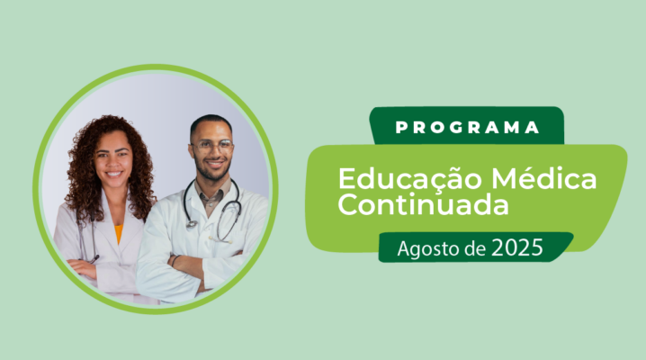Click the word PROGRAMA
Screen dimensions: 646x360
click(x=467, y=127)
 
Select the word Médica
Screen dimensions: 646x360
click(x=543, y=178)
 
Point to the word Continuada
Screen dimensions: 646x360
click(x=423, y=204)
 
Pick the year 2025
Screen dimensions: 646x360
click(x=517, y=247)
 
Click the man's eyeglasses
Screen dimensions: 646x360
click(x=212, y=146)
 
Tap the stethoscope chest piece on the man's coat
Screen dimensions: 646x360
click(x=191, y=224)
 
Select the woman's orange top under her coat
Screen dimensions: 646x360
click(x=119, y=233)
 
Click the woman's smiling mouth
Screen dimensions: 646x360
click(x=113, y=175)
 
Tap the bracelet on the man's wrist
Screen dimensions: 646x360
click(x=175, y=261)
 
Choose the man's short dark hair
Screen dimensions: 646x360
click(x=211, y=123)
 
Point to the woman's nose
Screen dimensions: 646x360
click(x=113, y=162)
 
